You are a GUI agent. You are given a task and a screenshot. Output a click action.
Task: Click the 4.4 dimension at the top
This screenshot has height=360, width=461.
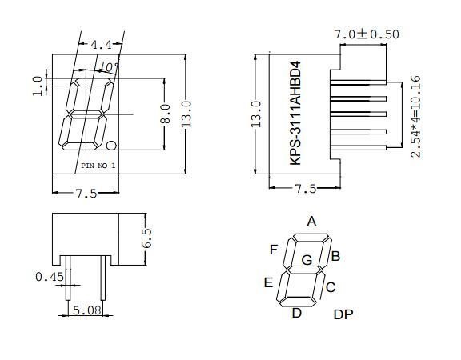[x=101, y=45]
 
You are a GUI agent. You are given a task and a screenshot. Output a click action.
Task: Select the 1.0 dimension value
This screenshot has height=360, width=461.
[x=37, y=85]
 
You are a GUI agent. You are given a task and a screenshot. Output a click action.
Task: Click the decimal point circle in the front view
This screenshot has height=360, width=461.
[x=112, y=146]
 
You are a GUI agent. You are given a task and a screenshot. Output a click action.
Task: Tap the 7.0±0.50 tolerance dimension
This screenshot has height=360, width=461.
[x=367, y=34]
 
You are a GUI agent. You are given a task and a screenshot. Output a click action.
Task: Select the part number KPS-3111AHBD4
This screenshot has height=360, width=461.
[x=295, y=113]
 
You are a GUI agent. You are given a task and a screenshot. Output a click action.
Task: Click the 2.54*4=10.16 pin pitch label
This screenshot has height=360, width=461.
[x=416, y=115]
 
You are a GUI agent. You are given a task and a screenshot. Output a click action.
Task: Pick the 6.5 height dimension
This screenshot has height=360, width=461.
[x=146, y=238]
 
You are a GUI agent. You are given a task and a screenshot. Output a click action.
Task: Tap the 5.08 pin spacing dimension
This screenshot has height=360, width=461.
[x=87, y=310]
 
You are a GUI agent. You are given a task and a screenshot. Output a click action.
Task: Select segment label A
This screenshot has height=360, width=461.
[x=311, y=222]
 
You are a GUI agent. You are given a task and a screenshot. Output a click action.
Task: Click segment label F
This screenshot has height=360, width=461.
[x=274, y=250]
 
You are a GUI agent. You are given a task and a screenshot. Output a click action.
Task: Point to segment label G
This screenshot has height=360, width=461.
[x=307, y=260]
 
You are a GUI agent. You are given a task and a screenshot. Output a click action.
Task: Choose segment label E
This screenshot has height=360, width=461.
[x=268, y=282]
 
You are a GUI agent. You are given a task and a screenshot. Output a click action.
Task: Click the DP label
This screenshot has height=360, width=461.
[x=343, y=314]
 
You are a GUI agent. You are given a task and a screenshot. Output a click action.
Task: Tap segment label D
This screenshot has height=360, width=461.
[x=296, y=313]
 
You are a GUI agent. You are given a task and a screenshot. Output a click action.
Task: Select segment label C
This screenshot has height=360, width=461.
[x=330, y=286]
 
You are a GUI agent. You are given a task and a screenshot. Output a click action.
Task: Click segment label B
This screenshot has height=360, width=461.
[x=336, y=256]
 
